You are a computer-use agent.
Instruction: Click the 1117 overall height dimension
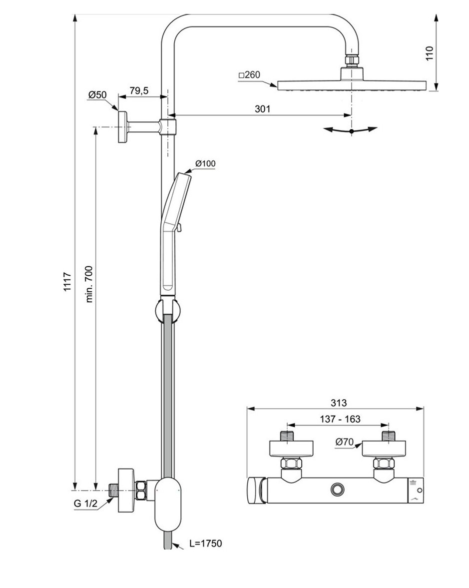[67, 289]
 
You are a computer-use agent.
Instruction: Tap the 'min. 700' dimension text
[90, 284]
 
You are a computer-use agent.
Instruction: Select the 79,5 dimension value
[139, 90]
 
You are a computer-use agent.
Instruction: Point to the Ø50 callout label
[98, 94]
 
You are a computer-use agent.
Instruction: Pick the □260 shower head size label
[249, 75]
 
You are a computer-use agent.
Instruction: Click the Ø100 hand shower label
[205, 163]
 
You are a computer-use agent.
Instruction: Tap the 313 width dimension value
[338, 403]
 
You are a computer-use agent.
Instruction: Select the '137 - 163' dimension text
[340, 419]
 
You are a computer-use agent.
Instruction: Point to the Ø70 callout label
[345, 442]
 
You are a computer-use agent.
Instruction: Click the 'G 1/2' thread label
[85, 504]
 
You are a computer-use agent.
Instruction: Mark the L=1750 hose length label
[205, 544]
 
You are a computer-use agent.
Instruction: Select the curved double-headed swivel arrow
[352, 130]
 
